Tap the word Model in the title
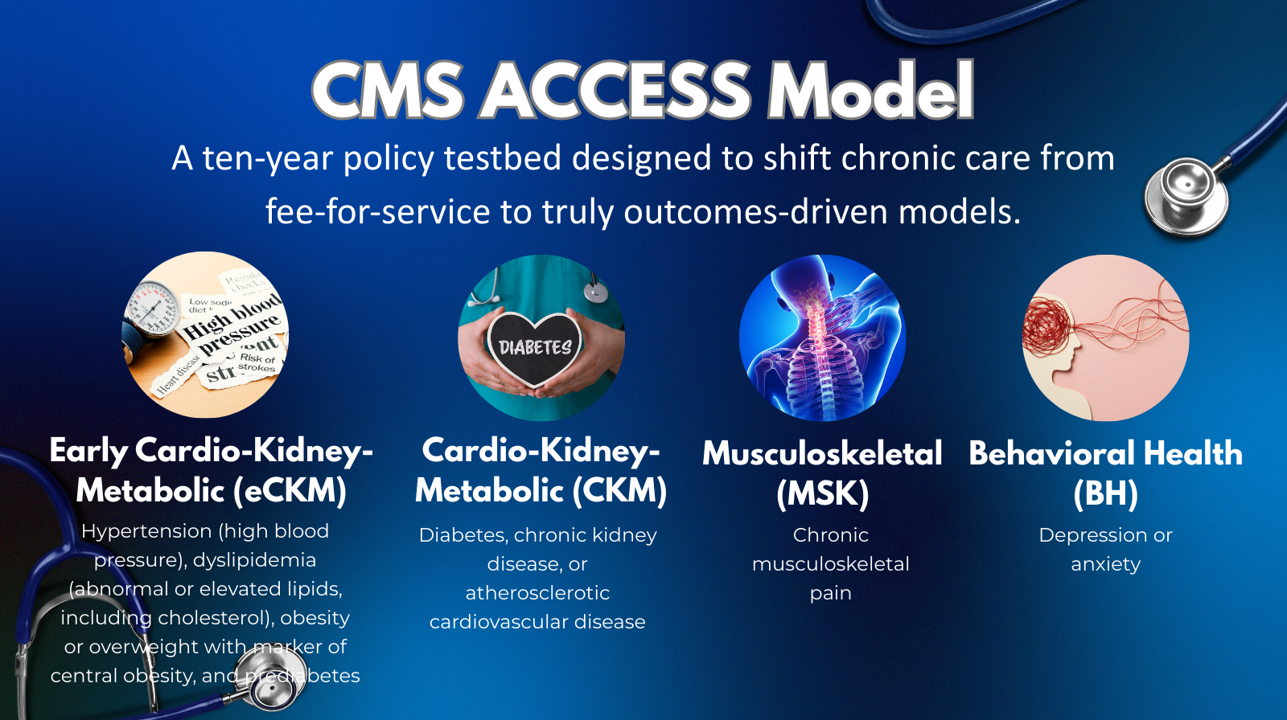[x=870, y=90]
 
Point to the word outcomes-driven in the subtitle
[x=755, y=212]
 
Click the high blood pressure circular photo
[x=205, y=334]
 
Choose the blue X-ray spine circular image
[x=822, y=337]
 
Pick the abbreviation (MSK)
[x=822, y=493]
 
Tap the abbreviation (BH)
[x=1105, y=493]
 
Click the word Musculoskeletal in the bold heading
[x=822, y=453]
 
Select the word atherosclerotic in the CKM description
[x=537, y=593]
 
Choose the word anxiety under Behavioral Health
[x=1105, y=564]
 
